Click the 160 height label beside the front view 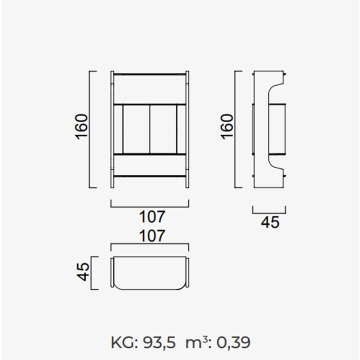81,126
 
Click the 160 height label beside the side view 227,126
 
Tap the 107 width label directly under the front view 152,216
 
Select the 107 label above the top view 152,236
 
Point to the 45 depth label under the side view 270,222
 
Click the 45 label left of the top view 82,271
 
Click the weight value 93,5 159,343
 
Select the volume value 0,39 233,343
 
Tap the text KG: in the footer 124,343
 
